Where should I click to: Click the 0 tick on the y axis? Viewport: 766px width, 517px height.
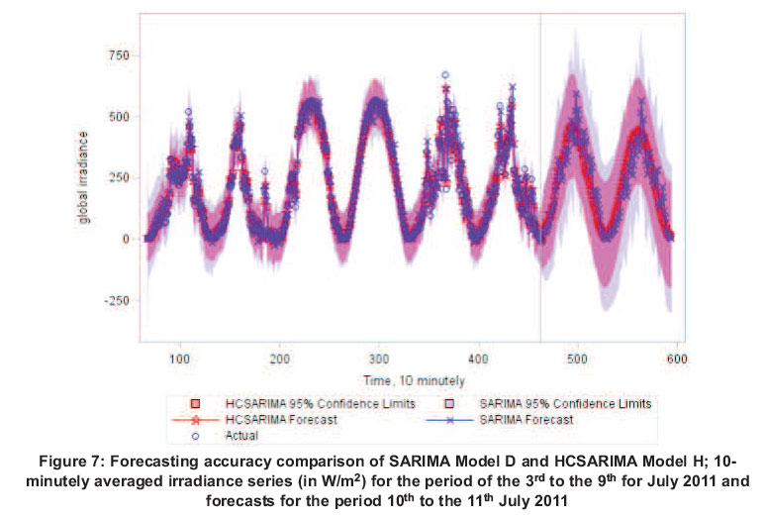click(x=125, y=239)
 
